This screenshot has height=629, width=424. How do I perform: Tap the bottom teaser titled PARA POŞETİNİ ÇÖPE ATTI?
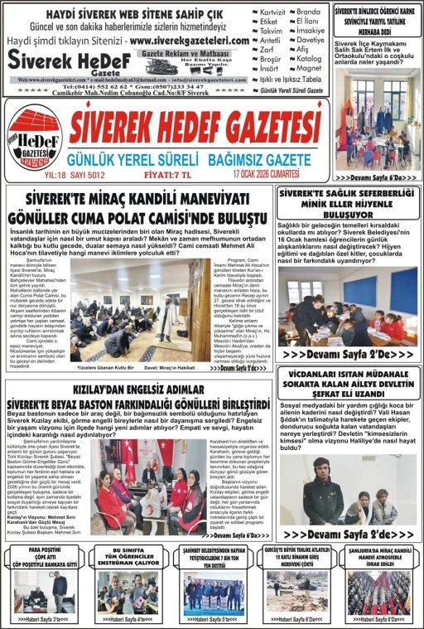pos(43,557)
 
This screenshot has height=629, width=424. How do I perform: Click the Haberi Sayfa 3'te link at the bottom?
pos(43,618)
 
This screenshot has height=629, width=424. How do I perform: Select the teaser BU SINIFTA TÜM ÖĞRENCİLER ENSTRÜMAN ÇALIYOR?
pos(127,557)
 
